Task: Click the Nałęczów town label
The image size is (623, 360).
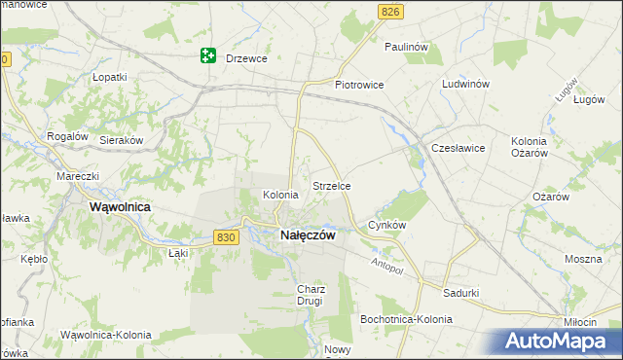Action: (x=308, y=235)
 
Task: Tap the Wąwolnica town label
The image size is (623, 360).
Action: (x=119, y=207)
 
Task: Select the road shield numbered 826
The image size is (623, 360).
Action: (x=390, y=11)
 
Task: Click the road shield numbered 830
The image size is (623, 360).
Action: (x=226, y=236)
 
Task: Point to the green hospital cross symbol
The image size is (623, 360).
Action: (x=207, y=56)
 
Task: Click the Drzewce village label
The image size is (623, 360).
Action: (x=246, y=58)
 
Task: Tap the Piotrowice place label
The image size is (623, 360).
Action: (x=360, y=85)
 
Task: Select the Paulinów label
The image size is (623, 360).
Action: (x=407, y=47)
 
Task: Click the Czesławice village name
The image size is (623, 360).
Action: (x=458, y=148)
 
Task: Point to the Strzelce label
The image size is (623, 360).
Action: (x=331, y=185)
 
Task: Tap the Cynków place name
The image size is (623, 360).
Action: (x=386, y=225)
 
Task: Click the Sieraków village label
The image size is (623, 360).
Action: (x=122, y=140)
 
